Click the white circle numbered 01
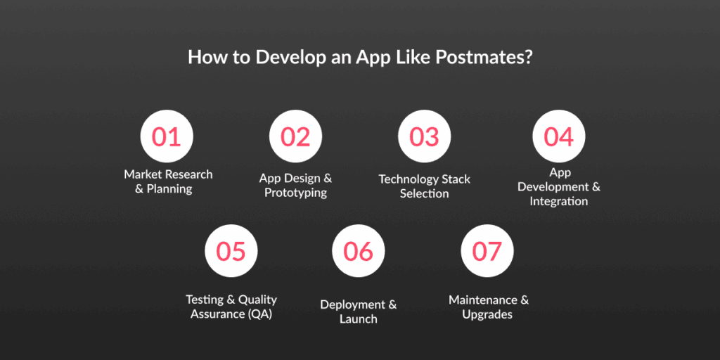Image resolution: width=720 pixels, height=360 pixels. click(x=167, y=136)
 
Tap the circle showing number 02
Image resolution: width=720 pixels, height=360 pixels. click(x=296, y=136)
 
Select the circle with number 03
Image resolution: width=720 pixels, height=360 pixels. click(x=424, y=136)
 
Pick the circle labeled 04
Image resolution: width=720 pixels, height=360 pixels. click(x=559, y=136)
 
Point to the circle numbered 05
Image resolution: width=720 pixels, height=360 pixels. click(x=231, y=251)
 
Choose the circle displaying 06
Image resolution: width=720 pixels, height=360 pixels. click(x=358, y=251)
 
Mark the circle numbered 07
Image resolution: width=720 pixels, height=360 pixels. click(x=487, y=251)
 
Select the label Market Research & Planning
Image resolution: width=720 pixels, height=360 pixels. click(x=169, y=182)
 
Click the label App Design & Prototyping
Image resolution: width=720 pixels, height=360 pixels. click(x=296, y=185)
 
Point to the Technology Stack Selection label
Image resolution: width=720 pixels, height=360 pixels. click(x=424, y=186)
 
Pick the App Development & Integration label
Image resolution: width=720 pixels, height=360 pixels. click(x=559, y=187)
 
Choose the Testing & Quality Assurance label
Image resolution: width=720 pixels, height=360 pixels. click(x=231, y=307)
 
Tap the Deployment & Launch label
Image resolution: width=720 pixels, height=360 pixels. click(x=358, y=311)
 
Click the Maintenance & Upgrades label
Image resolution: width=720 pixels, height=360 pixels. click(x=489, y=307)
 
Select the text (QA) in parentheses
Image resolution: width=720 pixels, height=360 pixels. click(x=261, y=314)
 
